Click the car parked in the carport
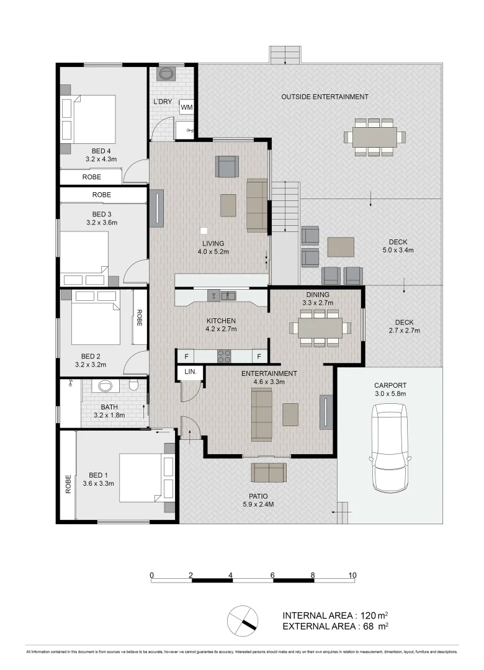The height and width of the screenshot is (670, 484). (390, 447)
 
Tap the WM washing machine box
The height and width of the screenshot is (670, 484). (186, 107)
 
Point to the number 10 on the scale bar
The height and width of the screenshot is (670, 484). (352, 575)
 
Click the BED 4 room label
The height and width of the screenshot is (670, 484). (101, 151)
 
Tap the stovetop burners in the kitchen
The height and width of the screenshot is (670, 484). (223, 356)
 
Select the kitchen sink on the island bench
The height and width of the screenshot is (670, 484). (229, 296)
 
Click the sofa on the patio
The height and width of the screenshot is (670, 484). (269, 473)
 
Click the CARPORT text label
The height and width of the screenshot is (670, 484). (390, 385)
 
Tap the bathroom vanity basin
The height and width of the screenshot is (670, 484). (104, 386)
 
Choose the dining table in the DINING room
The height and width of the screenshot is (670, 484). (320, 328)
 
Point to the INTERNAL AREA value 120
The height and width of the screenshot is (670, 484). (369, 615)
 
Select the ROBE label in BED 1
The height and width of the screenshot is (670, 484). (68, 485)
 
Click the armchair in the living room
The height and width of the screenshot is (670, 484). (226, 166)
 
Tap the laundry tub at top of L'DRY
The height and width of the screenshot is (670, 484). (166, 74)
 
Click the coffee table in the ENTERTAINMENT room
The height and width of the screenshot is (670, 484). (290, 414)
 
